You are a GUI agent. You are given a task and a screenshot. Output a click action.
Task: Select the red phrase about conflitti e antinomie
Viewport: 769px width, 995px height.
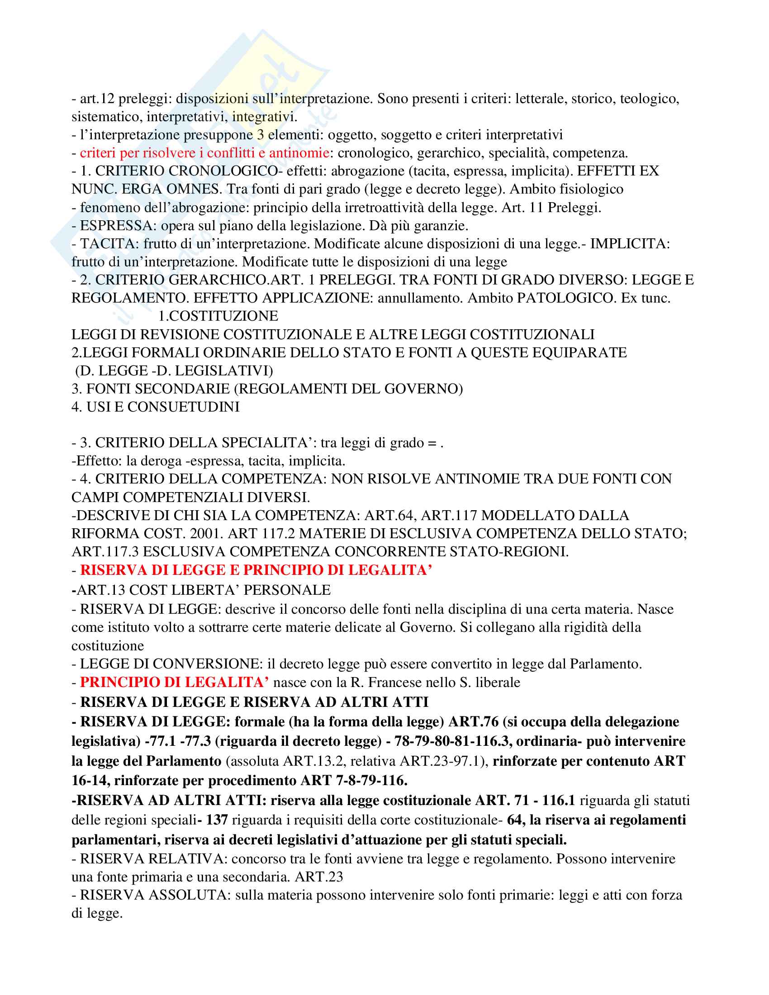pos(204,152)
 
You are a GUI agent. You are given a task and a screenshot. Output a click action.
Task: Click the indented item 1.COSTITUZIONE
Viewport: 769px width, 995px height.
pos(218,316)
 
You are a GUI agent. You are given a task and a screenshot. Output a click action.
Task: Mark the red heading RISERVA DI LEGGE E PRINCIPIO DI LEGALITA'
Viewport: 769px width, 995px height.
pos(256,570)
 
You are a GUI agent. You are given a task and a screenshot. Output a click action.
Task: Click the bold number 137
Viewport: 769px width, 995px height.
pos(216,820)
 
